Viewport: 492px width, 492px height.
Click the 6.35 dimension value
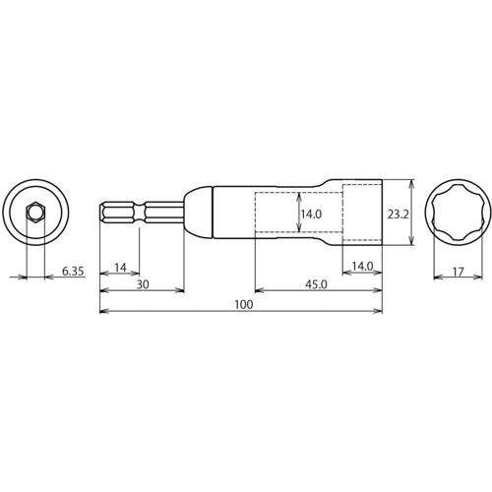[73, 272]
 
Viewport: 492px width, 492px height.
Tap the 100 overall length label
[244, 305]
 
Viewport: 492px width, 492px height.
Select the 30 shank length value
[143, 284]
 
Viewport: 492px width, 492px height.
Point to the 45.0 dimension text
[316, 284]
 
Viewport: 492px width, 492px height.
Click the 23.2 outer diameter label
[398, 215]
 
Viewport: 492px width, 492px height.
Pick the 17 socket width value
[459, 272]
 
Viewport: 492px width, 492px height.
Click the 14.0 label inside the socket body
[311, 215]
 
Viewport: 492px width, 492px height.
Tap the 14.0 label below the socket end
[362, 267]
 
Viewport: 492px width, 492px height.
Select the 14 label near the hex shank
[121, 268]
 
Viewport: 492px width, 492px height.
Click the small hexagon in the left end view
[34, 213]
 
